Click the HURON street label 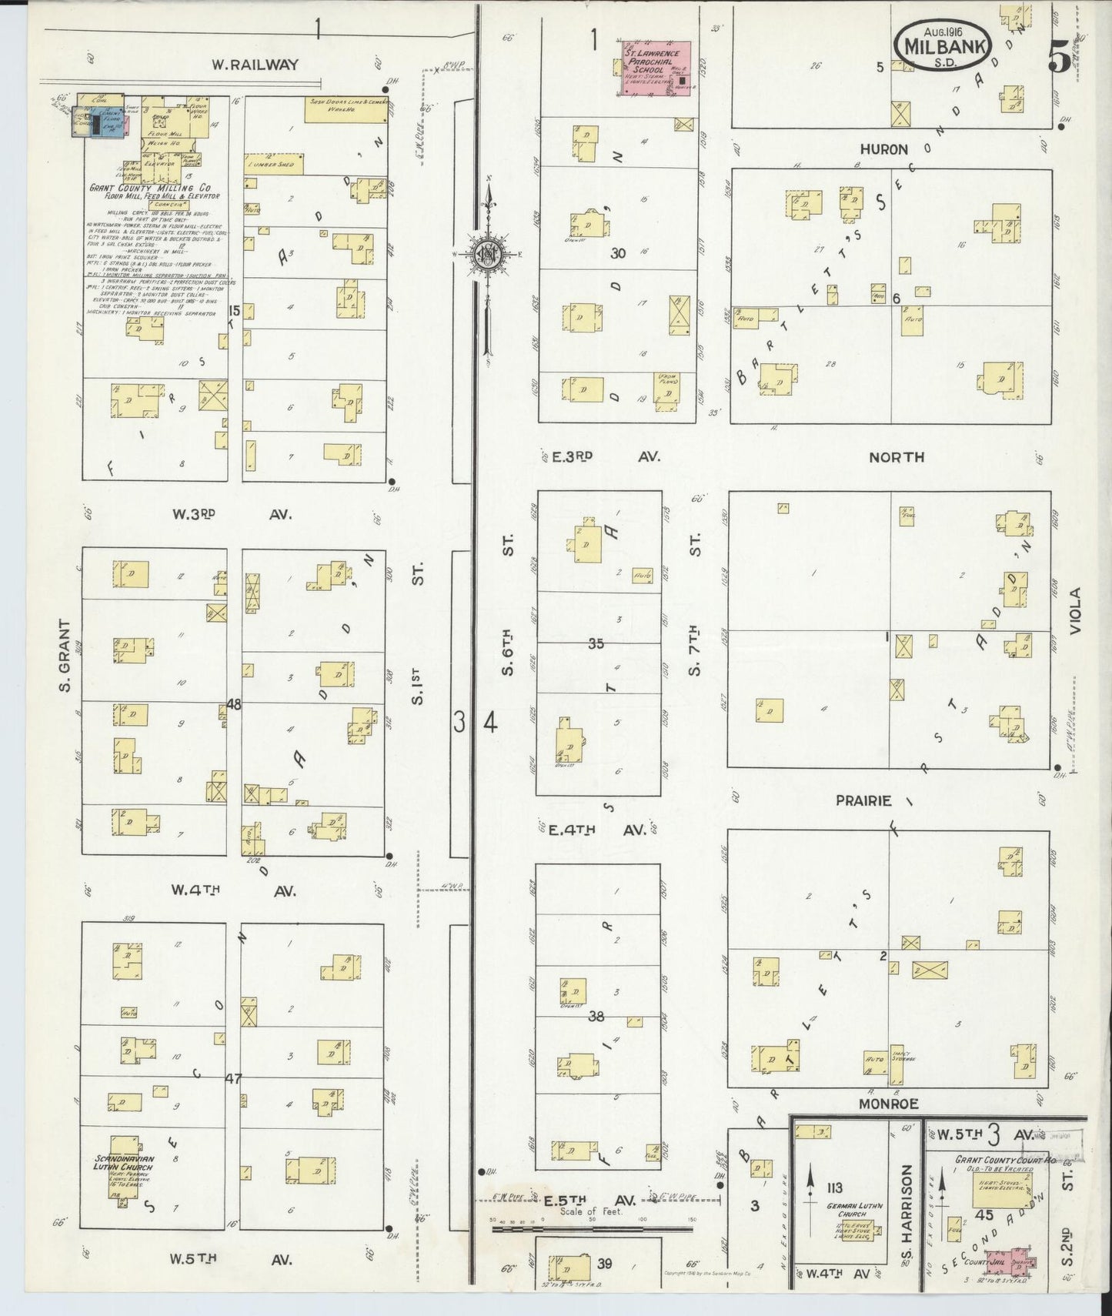883,149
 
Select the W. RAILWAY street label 254,65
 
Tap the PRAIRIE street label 863,800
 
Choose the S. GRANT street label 66,656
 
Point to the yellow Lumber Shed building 274,164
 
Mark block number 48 234,703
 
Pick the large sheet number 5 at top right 1060,58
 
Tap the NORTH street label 896,457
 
